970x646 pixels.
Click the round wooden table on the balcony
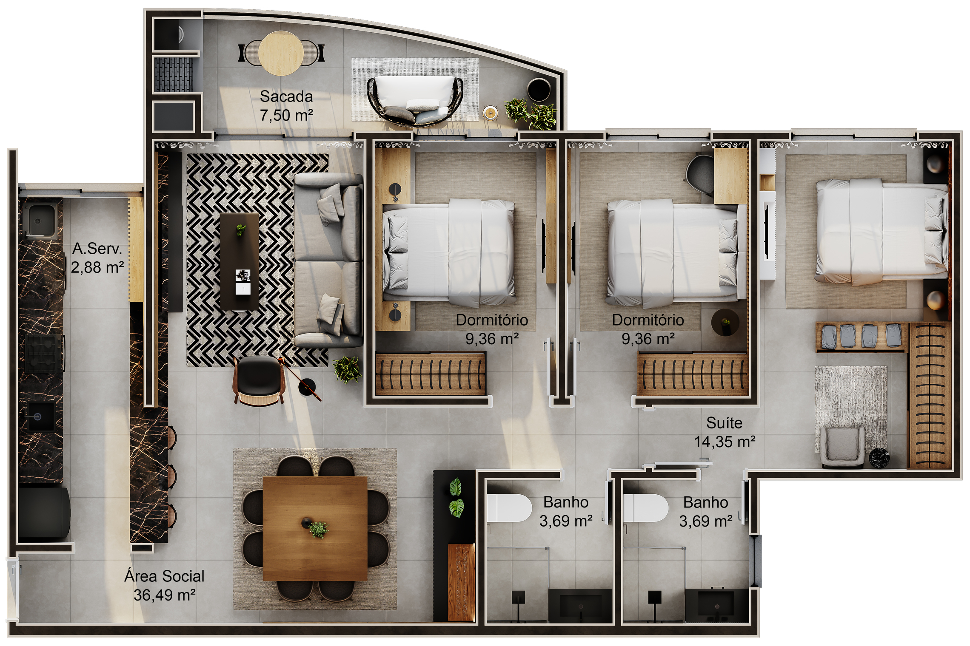point(281,54)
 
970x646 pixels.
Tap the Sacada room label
point(286,96)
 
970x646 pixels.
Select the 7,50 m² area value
point(286,115)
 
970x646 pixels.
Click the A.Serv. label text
point(97,249)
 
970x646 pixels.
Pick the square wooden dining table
point(315,529)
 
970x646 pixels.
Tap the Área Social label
point(164,576)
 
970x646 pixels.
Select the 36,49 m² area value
point(164,595)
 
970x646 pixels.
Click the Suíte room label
point(724,423)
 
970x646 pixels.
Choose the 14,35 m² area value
point(725,442)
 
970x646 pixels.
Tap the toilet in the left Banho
point(509,508)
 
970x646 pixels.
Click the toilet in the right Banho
point(646,508)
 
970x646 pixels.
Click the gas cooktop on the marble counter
point(45,353)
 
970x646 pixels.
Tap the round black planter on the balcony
point(539,90)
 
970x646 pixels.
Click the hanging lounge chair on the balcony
point(415,101)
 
